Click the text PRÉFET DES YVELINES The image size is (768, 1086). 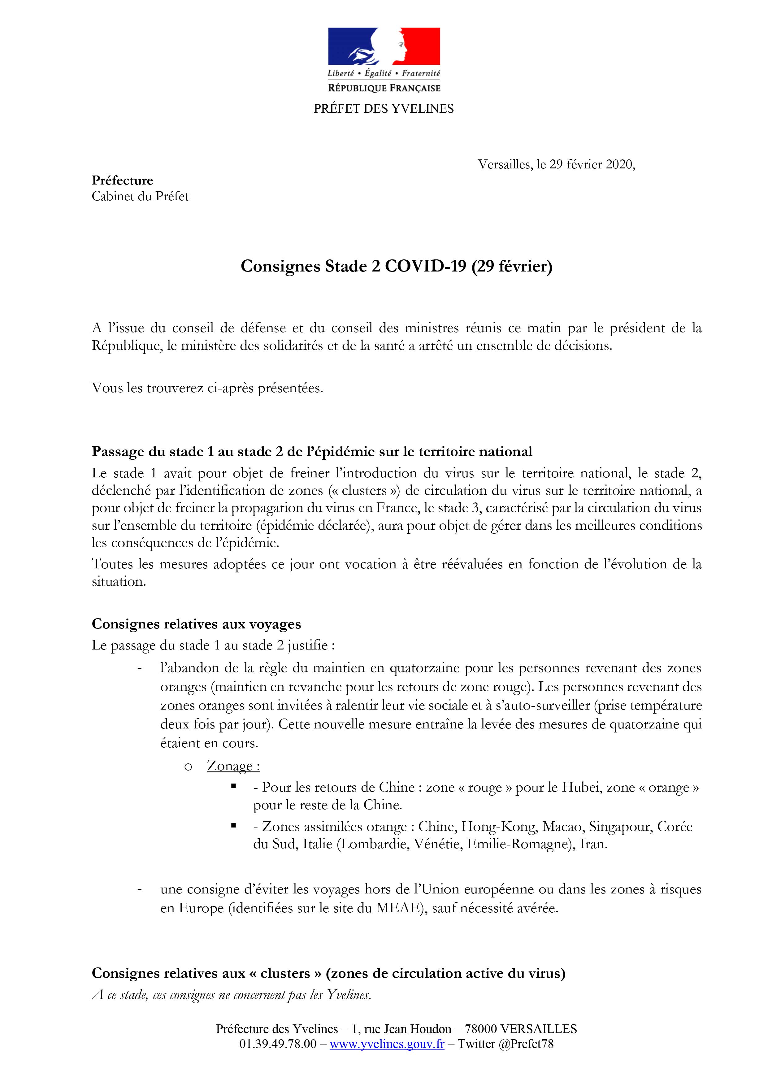coord(384,109)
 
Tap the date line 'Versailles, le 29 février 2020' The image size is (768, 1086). coord(556,165)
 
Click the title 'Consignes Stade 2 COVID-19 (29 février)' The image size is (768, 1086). coord(396,266)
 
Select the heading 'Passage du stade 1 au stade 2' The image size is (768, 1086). coord(312,451)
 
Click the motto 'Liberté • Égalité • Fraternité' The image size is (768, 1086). coord(384,73)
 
